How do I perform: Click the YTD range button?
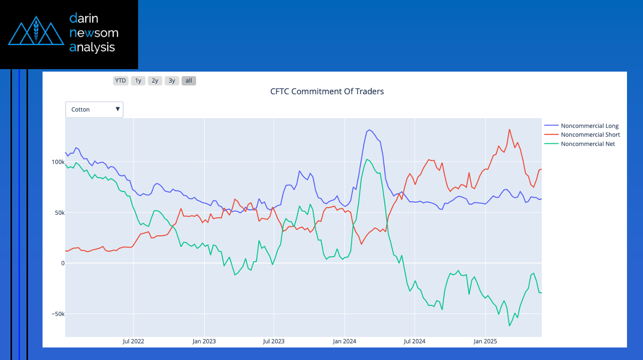point(121,81)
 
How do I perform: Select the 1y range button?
point(138,81)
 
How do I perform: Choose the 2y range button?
point(155,81)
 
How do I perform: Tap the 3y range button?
point(172,81)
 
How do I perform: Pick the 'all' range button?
point(189,81)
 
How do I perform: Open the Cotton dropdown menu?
point(95,109)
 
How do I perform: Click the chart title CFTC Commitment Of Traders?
point(327,91)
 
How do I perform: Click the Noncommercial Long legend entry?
point(589,126)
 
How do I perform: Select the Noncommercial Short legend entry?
point(590,135)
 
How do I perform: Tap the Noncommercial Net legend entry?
point(587,144)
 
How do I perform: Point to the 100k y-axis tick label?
point(58,162)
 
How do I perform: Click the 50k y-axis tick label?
point(60,213)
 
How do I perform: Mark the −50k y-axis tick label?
point(58,314)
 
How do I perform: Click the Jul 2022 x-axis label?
point(134,341)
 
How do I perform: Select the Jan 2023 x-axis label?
point(204,341)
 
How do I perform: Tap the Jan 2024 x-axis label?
point(344,341)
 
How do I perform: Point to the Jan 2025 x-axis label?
point(485,341)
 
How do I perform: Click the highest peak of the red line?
point(509,129)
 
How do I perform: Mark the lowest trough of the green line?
point(509,326)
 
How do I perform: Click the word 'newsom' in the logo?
point(94,33)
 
